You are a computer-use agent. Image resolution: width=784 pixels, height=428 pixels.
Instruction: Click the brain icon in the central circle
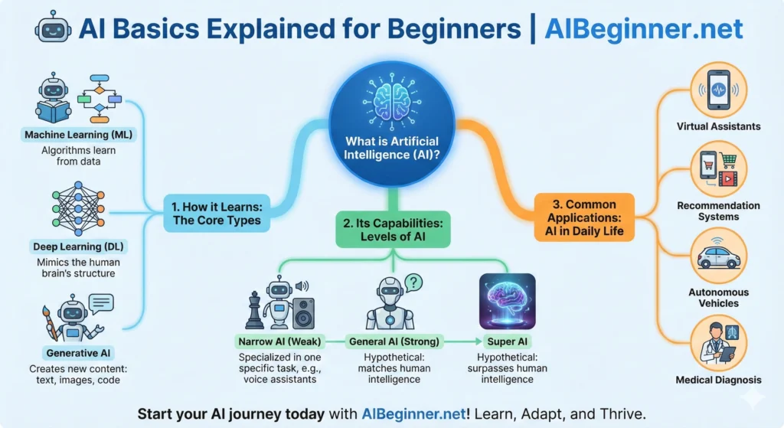click(391, 103)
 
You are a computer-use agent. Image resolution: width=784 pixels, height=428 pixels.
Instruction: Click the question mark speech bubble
click(413, 283)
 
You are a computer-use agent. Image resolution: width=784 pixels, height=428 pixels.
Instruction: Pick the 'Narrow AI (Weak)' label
click(280, 341)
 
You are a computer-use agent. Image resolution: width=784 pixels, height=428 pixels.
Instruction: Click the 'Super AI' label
click(506, 341)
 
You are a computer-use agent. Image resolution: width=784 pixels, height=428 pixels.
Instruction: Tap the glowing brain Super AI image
click(506, 299)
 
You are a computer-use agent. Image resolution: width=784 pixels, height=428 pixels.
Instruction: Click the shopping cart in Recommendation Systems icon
click(727, 162)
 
